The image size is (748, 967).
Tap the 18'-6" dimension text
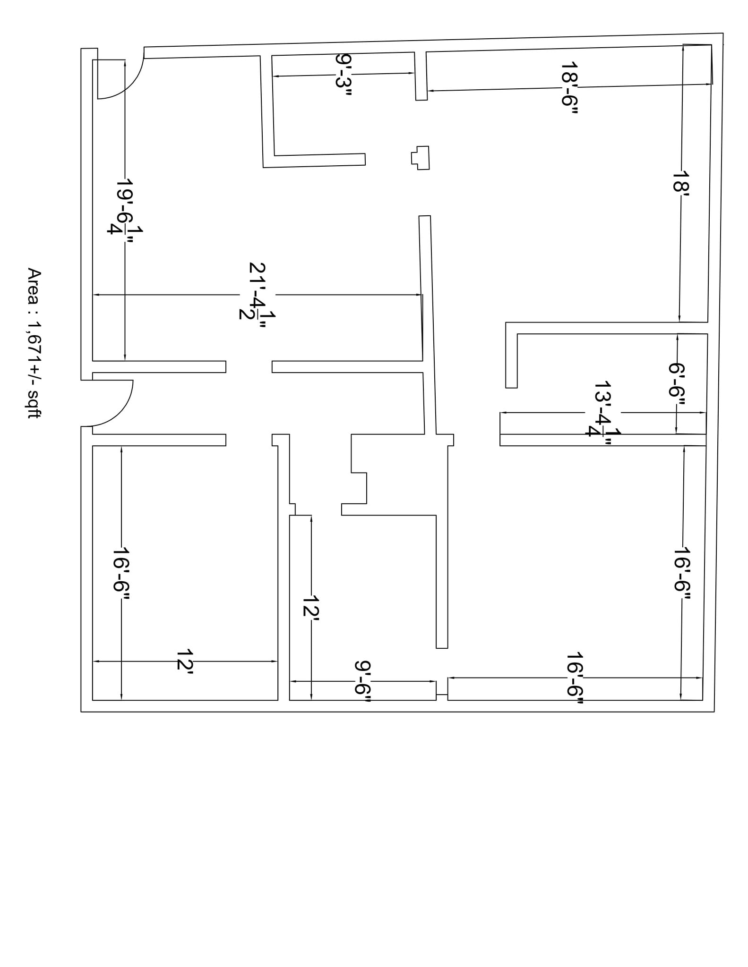(569, 88)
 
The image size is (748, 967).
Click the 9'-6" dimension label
(362, 681)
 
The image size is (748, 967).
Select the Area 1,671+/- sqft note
(34, 343)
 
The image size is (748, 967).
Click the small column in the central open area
(421, 158)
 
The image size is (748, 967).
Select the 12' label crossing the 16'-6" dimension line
(185, 661)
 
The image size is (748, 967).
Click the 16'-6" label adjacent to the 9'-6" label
(575, 678)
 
